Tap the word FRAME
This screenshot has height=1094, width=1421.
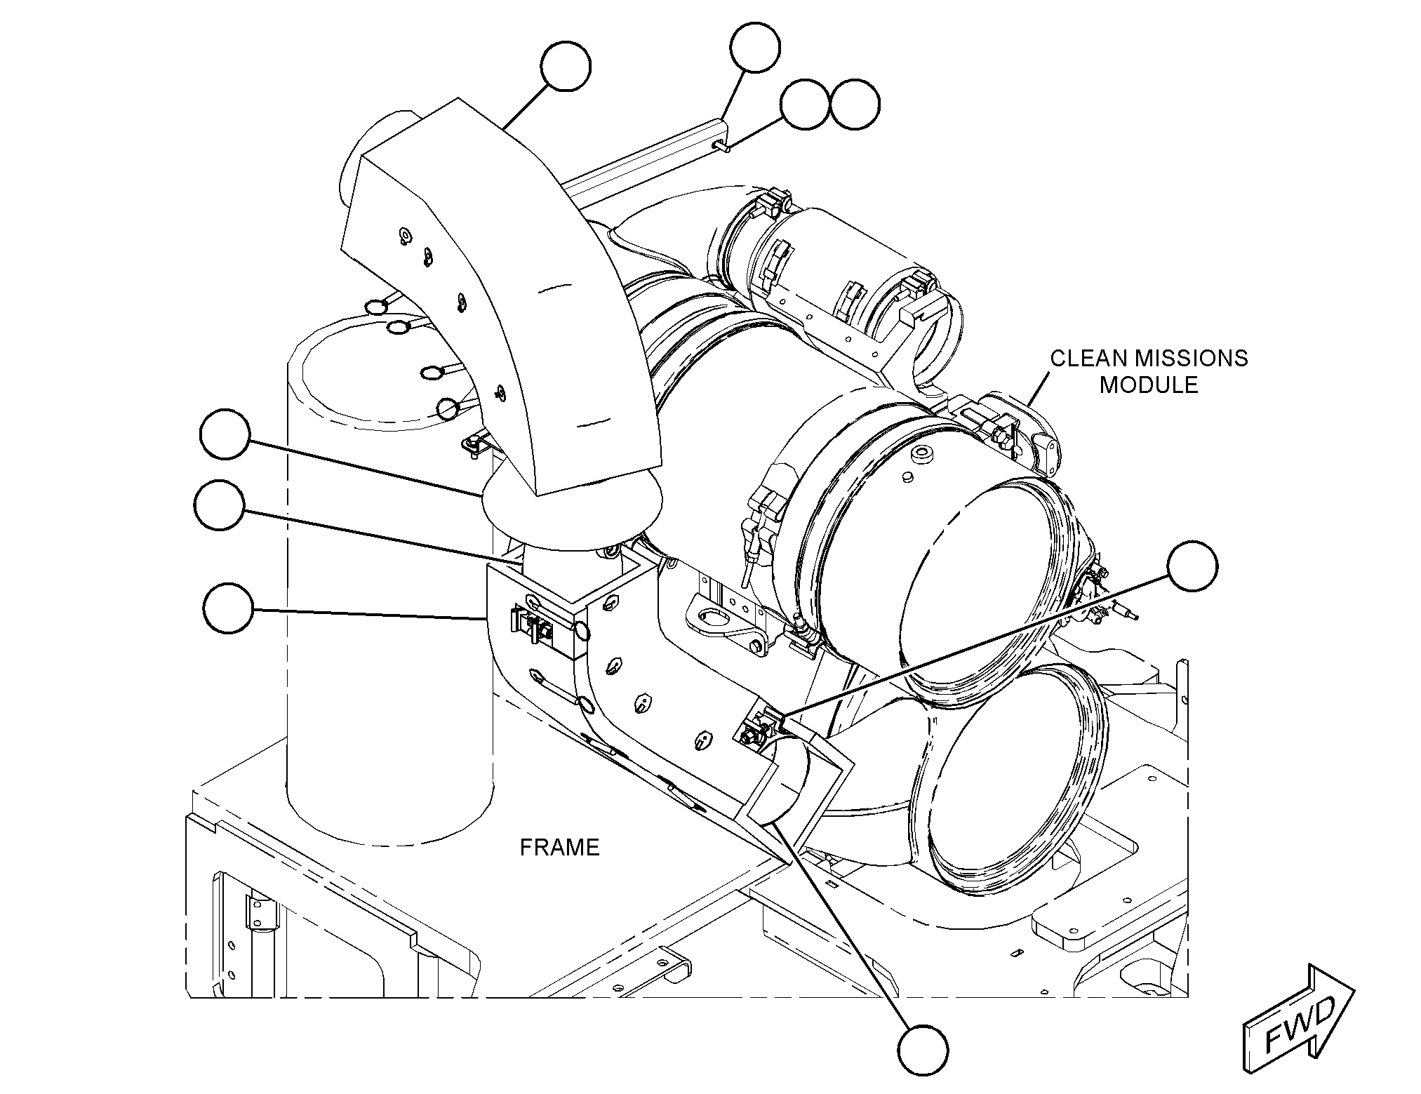pos(559,848)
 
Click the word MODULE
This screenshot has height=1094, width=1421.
pos(1149,385)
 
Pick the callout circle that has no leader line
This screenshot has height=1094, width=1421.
pos(854,105)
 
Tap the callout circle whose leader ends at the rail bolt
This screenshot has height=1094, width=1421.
pos(805,105)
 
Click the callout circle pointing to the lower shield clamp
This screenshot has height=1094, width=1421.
pos(1193,566)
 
